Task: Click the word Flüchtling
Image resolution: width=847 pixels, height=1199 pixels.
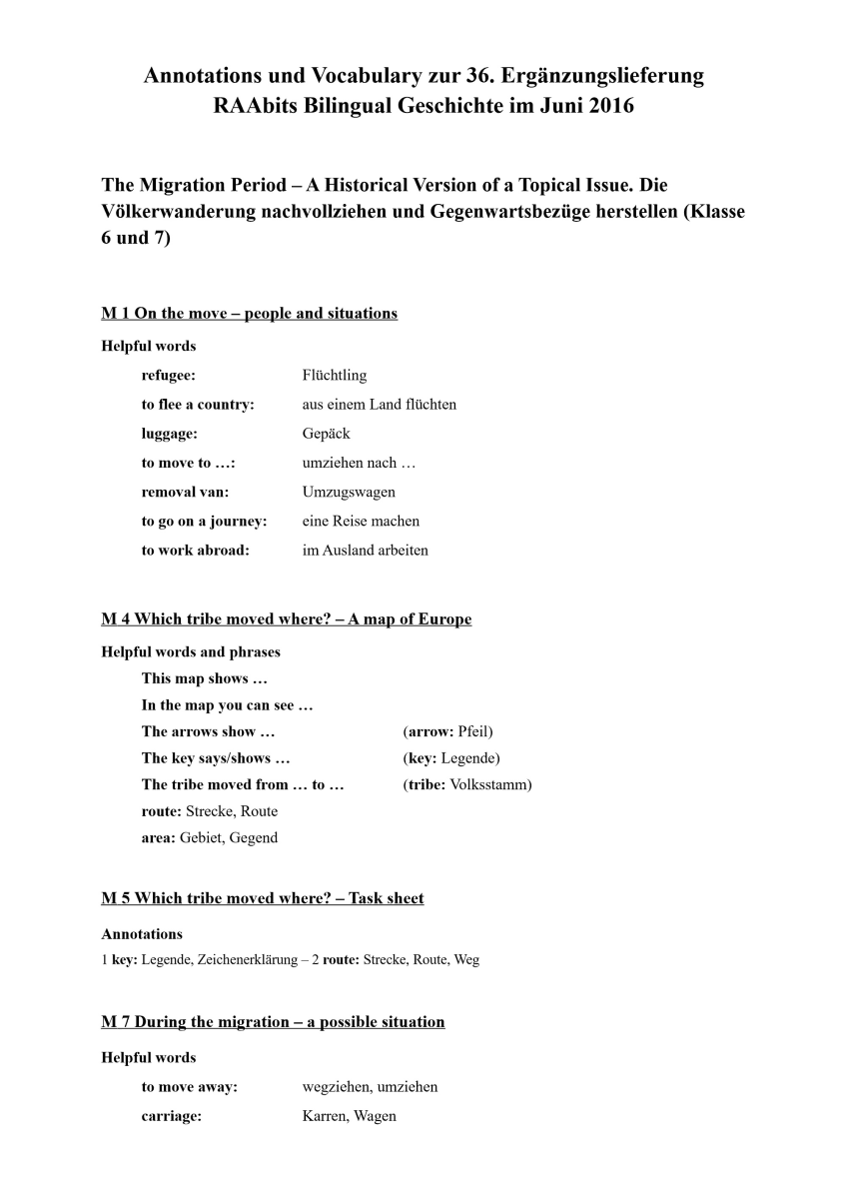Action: click(334, 376)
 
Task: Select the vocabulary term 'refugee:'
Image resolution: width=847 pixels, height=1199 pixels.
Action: click(168, 376)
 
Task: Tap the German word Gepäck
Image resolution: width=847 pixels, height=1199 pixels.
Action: click(326, 434)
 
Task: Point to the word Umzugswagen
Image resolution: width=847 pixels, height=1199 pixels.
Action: click(349, 492)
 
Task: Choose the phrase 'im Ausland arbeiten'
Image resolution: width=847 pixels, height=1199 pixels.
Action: click(365, 550)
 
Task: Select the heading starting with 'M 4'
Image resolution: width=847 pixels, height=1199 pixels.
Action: click(286, 619)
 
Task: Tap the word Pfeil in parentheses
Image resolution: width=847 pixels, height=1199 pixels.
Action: click(472, 731)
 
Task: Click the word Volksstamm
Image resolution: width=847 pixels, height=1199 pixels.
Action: click(490, 784)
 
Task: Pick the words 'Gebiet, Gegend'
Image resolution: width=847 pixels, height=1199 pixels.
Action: click(229, 837)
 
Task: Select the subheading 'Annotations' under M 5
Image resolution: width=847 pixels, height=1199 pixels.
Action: click(142, 934)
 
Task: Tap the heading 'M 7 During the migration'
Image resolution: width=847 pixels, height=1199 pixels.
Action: click(273, 1022)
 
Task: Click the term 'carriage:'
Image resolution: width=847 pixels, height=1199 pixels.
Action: click(171, 1116)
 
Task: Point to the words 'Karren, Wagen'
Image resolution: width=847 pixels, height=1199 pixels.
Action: click(349, 1116)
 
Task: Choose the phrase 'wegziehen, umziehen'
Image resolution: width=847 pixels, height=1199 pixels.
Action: click(370, 1086)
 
